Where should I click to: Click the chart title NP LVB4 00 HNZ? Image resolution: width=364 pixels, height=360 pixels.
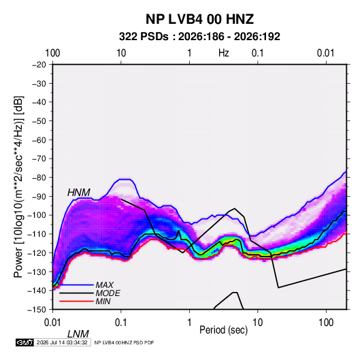click(199, 19)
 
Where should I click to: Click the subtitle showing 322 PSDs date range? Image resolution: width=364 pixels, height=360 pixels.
click(199, 37)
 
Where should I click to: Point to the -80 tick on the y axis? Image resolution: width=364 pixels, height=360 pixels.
click(39, 178)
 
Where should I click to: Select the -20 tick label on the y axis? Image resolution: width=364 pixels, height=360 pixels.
click(39, 65)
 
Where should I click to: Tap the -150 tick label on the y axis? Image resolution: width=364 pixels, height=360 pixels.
click(37, 310)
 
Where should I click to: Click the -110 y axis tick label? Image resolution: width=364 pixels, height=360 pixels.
click(37, 234)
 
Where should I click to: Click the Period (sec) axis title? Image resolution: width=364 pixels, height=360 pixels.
click(224, 330)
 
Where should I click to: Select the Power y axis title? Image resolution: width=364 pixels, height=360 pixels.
click(18, 187)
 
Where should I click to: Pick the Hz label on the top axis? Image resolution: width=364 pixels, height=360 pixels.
click(224, 53)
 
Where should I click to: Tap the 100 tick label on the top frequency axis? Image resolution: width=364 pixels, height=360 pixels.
click(52, 53)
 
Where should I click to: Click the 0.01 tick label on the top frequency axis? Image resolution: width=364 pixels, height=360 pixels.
click(326, 53)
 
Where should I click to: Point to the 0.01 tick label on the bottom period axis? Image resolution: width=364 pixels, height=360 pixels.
click(52, 323)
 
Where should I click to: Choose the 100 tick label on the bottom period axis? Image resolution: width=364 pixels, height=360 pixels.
click(326, 323)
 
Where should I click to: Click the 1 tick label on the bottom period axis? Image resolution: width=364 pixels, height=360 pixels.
click(189, 323)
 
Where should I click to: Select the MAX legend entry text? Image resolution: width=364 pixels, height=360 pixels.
click(105, 284)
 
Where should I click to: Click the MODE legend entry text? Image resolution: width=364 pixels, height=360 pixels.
click(108, 293)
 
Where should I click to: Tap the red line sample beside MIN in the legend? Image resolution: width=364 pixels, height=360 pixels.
click(76, 301)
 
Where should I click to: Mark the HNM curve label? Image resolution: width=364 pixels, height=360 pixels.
click(79, 193)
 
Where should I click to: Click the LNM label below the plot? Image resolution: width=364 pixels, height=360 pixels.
click(78, 334)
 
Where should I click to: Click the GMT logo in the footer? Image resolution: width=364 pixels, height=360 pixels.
click(24, 342)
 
